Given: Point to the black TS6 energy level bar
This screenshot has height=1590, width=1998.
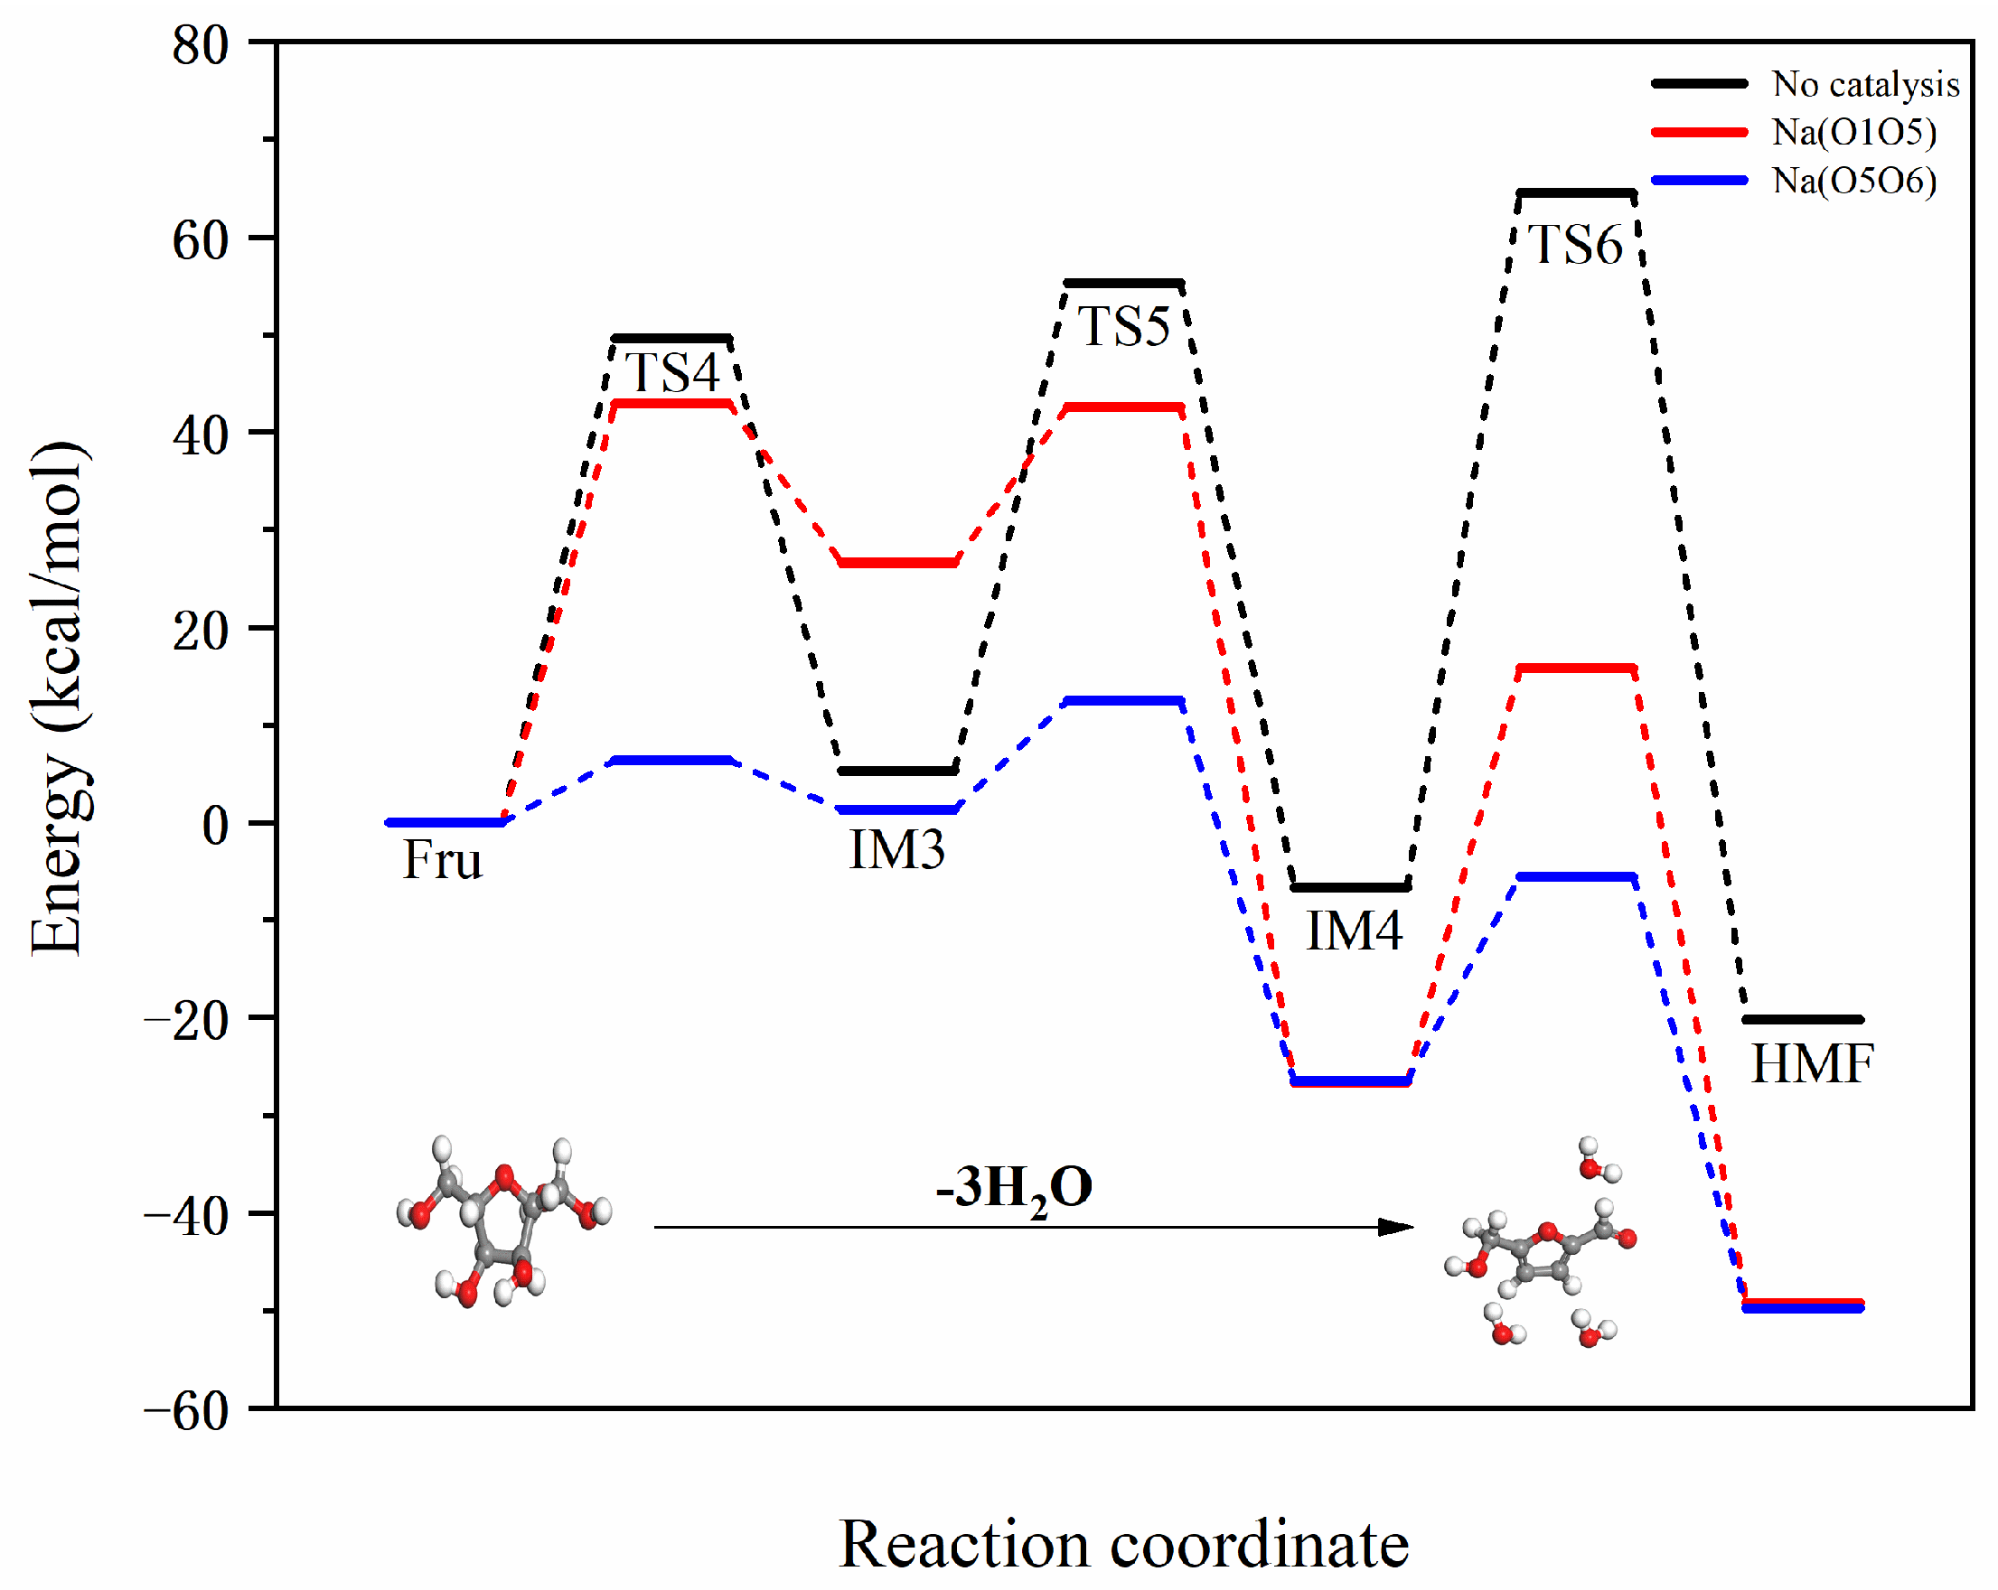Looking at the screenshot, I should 1575,193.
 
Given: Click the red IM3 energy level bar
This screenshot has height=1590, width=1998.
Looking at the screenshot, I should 897,563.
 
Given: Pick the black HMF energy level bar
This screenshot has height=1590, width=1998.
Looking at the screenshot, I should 1803,1019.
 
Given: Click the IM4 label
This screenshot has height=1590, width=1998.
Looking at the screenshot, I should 1353,931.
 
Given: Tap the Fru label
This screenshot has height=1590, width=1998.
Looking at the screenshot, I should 442,860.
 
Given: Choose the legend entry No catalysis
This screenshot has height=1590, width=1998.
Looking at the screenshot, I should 1864,84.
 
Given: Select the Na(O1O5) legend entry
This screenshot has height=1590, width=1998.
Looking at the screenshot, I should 1853,133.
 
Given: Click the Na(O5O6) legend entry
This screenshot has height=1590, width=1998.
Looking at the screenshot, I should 1853,181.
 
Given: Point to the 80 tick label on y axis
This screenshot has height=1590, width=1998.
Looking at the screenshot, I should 201,44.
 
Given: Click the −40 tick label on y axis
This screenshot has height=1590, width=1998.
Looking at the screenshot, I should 186,1215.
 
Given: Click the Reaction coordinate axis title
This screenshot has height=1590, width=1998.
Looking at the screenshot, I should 1123,1545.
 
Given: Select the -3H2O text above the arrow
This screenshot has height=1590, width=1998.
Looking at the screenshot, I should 1014,1188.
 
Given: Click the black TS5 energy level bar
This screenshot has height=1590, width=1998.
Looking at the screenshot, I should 1123,283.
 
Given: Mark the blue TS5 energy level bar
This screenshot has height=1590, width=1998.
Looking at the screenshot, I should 1123,700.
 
